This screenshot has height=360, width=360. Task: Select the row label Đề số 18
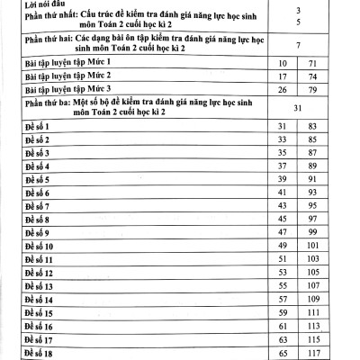click(x=37, y=355)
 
